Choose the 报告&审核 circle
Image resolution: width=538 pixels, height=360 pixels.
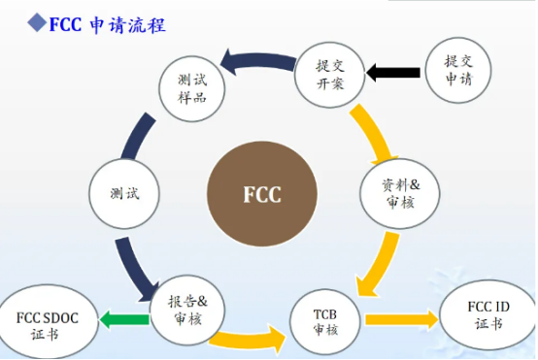(187, 308)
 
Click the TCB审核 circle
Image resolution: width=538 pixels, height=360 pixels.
(325, 320)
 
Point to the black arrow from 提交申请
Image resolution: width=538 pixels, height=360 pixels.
(393, 71)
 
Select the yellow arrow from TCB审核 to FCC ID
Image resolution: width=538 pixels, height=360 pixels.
(399, 318)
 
